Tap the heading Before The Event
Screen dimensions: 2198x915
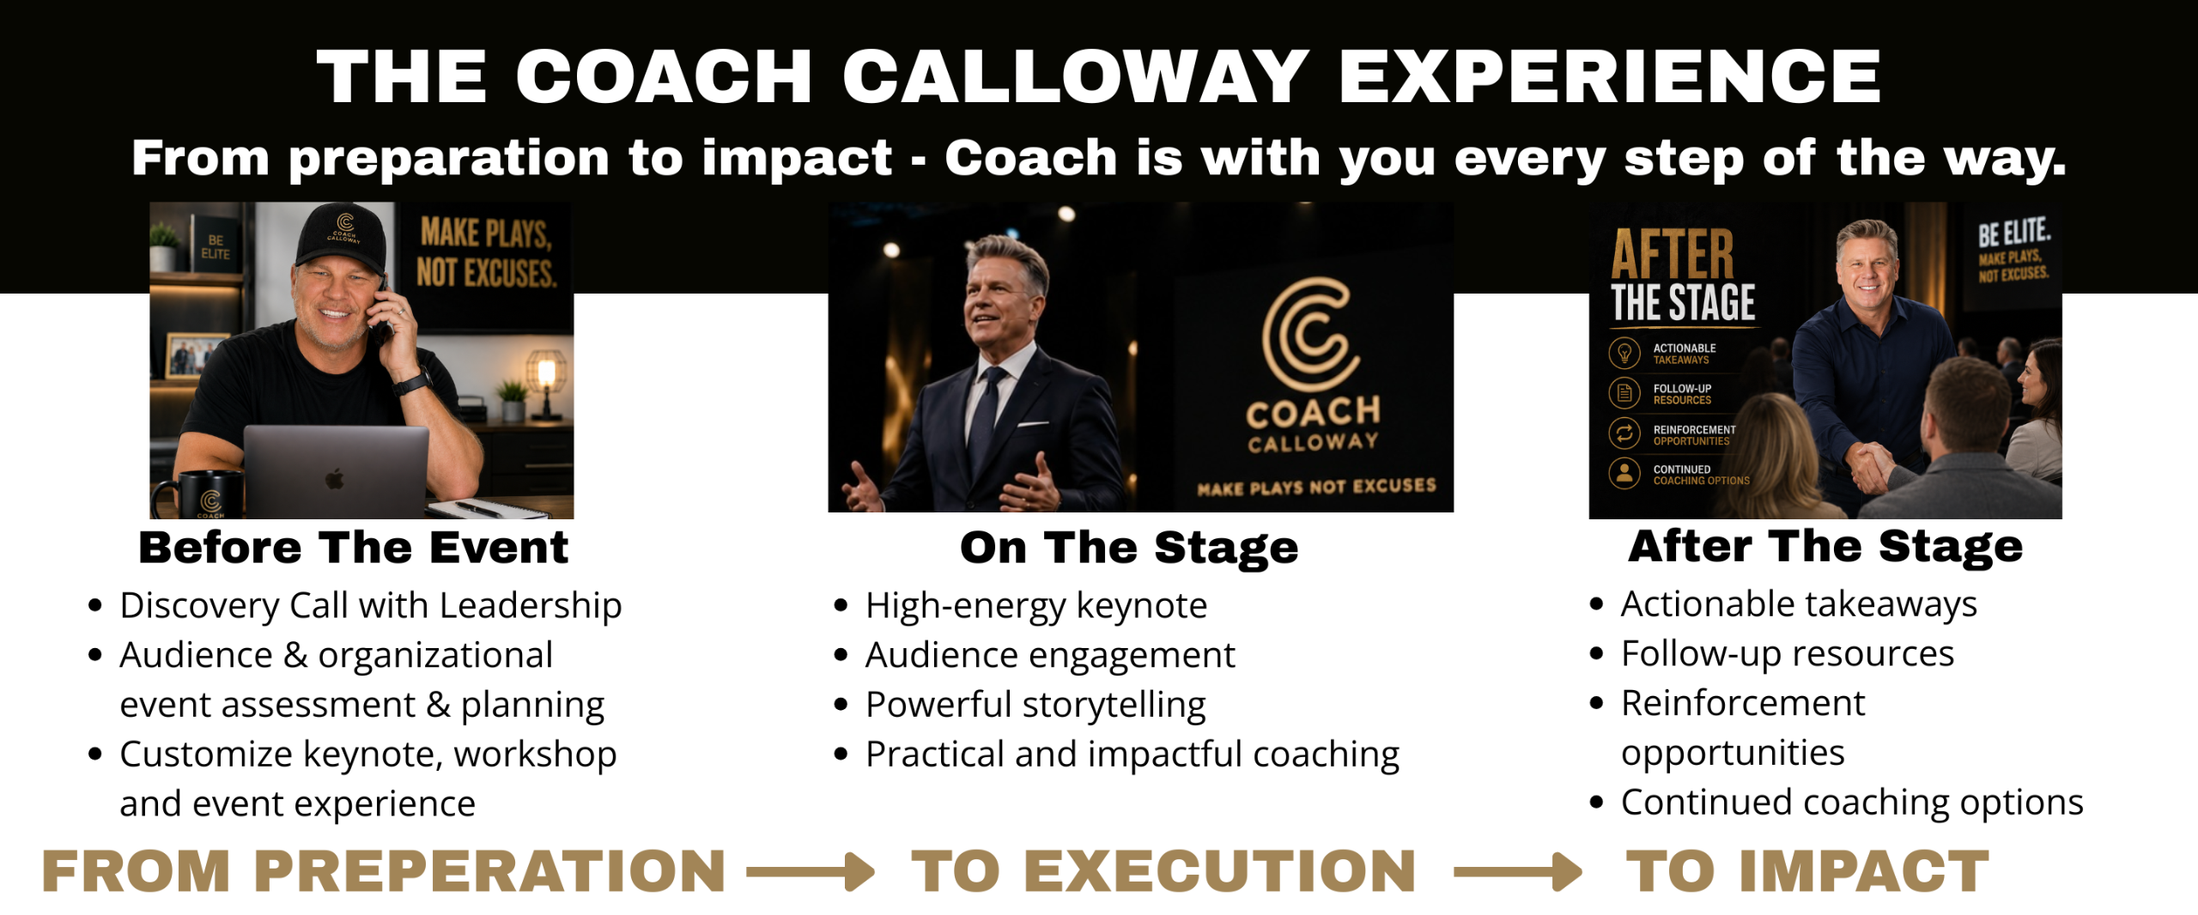354,548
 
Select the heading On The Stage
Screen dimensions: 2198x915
1129,548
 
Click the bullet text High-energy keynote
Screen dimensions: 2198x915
1036,606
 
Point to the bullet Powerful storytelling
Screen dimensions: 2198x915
1035,705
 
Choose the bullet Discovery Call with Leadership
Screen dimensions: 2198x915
371,606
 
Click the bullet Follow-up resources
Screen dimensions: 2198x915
1788,654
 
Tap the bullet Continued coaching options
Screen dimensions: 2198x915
1852,803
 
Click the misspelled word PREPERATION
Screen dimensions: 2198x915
490,871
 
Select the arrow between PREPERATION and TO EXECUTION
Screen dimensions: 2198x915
811,872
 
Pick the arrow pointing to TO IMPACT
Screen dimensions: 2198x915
1517,872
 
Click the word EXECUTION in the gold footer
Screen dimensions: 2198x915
1220,871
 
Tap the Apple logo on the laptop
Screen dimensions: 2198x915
335,478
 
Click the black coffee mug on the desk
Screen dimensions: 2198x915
201,494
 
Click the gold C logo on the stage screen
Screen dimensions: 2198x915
1311,335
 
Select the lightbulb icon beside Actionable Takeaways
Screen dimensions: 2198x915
1624,353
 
